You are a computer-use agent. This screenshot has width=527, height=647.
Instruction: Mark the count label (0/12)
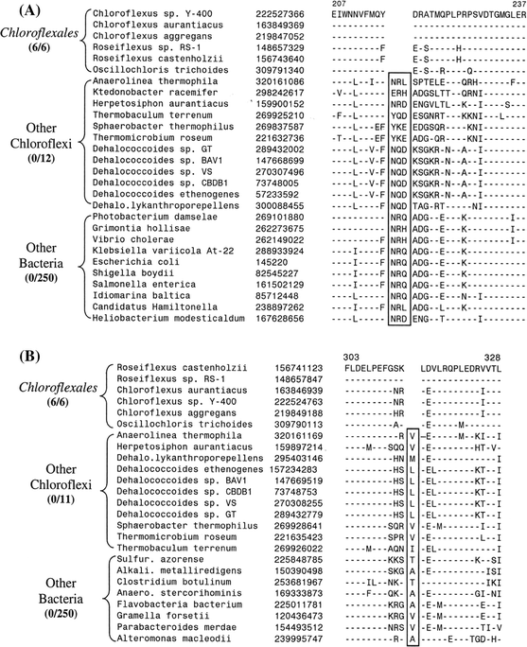[x=46, y=174]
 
